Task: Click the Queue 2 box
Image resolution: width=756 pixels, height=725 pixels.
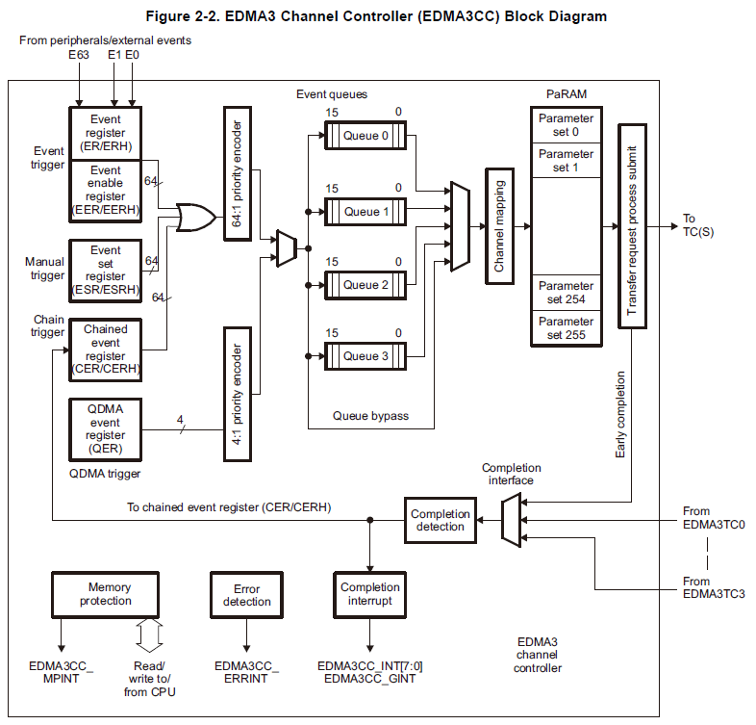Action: point(365,285)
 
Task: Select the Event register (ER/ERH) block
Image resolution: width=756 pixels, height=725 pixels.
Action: point(106,133)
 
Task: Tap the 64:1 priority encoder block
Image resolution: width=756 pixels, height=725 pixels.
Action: point(238,173)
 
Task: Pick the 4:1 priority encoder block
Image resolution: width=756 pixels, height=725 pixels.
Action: point(238,394)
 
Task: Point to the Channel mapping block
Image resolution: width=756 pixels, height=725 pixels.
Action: point(499,226)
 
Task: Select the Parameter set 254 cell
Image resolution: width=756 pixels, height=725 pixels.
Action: point(566,293)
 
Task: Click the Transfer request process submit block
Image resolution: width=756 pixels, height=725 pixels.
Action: point(632,226)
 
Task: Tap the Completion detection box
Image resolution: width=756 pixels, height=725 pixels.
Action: point(441,520)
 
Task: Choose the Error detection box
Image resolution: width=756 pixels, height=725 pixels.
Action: point(246,595)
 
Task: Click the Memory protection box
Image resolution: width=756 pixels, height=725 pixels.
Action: point(105,595)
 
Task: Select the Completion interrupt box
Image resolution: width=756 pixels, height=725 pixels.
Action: point(369,595)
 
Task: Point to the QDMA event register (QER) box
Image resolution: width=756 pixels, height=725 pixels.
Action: point(106,429)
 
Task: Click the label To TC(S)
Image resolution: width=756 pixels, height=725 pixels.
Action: point(697,225)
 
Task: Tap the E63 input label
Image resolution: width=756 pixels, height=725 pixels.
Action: point(79,55)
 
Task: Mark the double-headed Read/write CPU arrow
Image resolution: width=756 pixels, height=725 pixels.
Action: point(149,635)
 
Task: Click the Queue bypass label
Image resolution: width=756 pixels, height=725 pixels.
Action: point(370,416)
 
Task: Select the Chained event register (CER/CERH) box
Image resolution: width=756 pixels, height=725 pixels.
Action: point(106,350)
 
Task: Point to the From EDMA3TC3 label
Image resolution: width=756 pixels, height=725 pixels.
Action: point(714,587)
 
